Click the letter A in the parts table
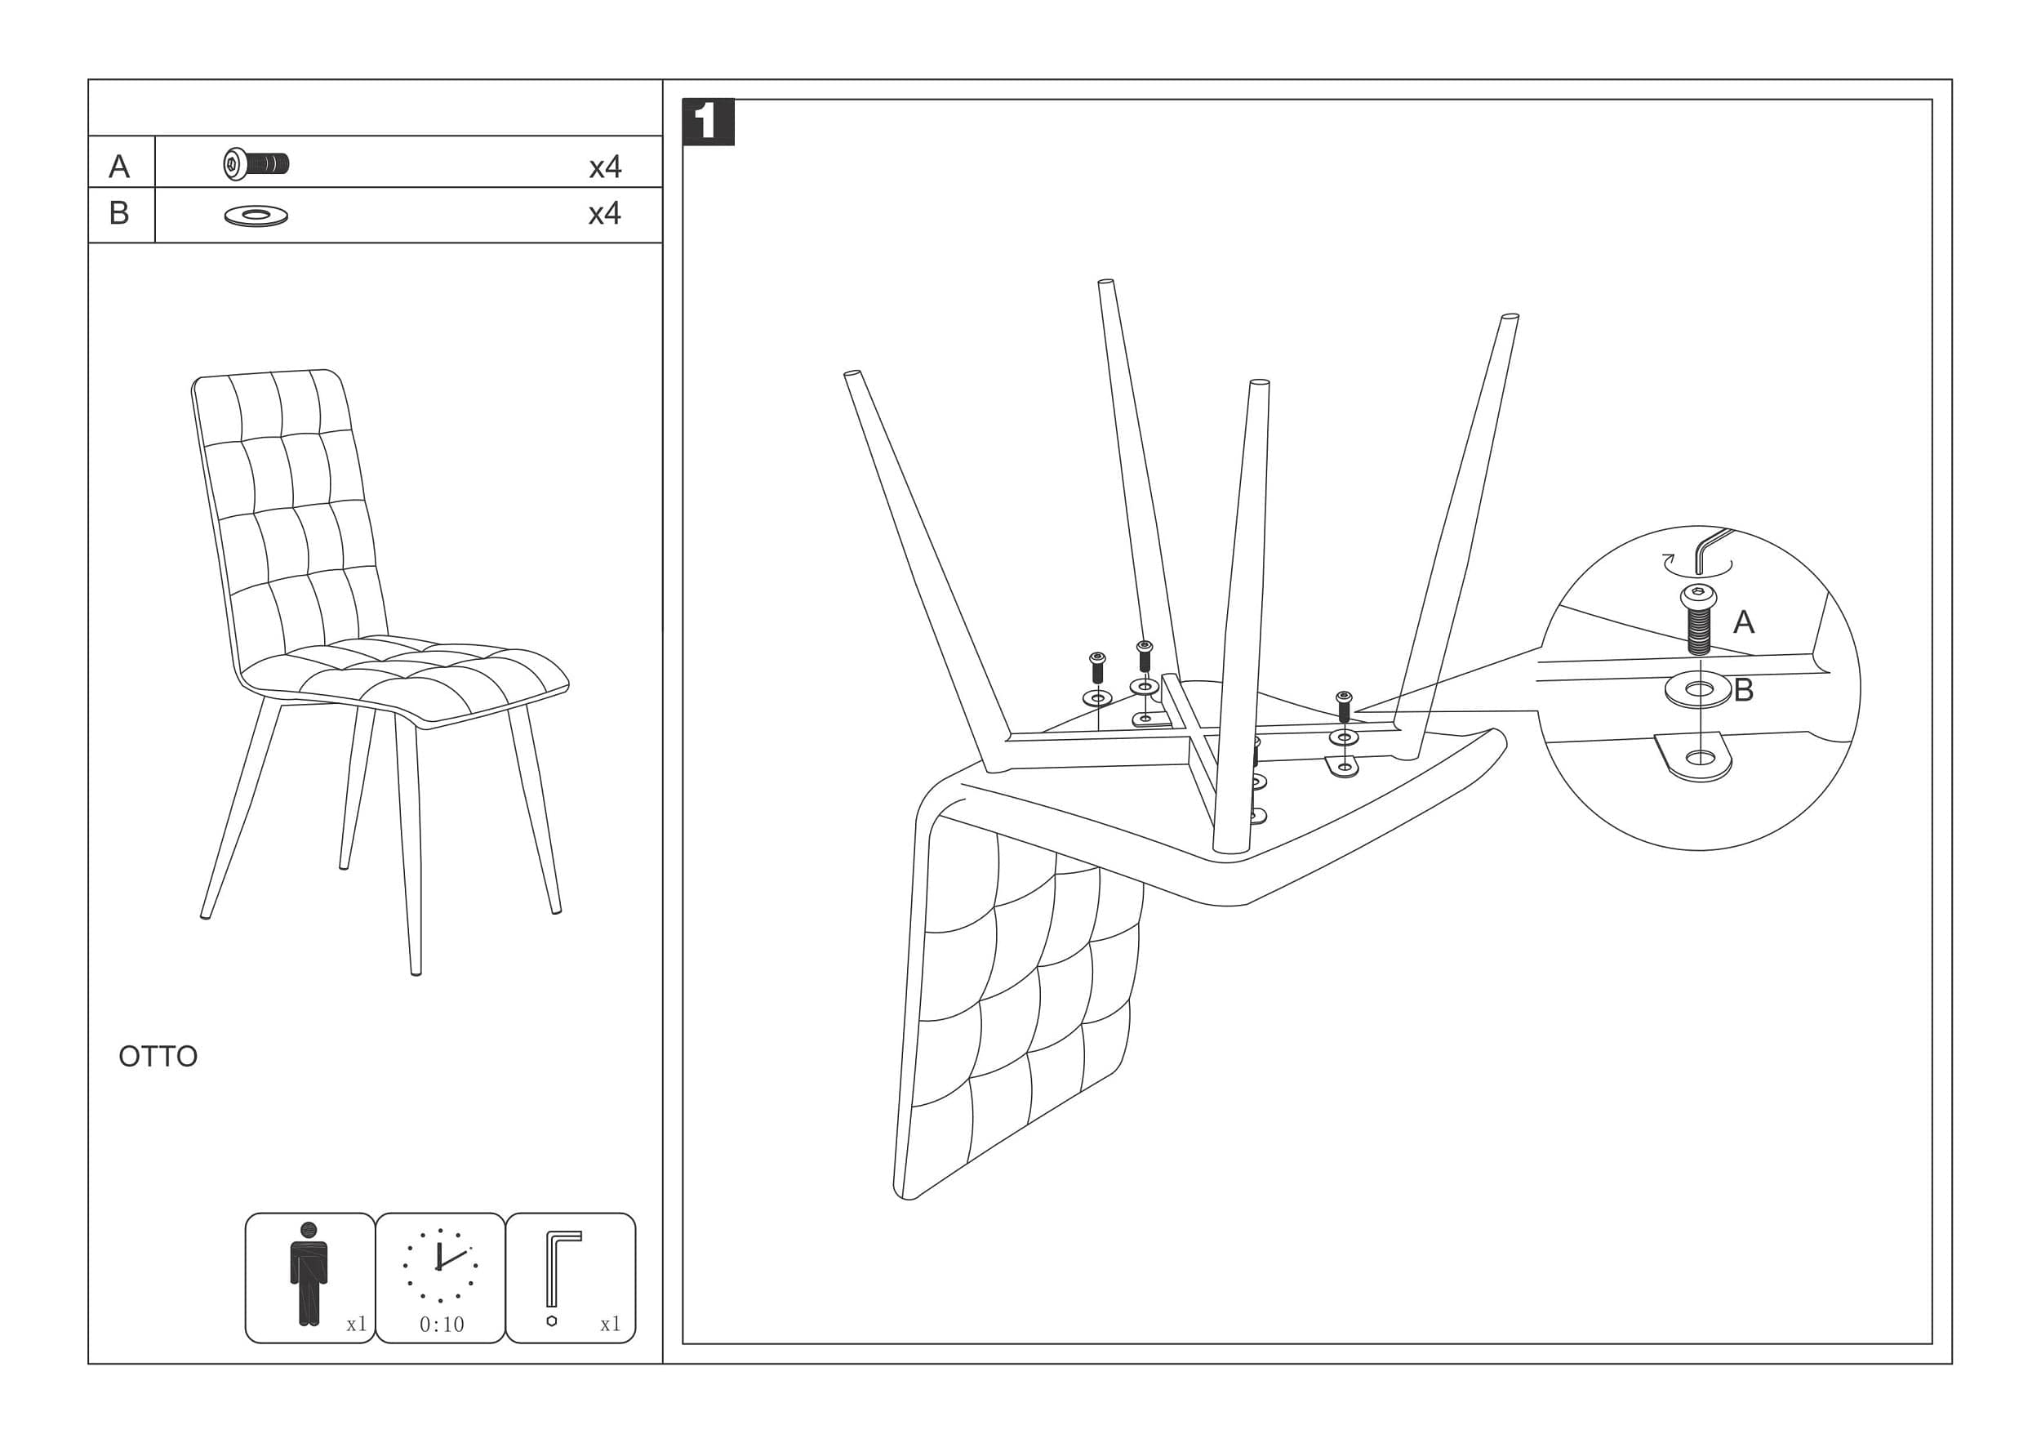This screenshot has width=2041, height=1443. coord(119,167)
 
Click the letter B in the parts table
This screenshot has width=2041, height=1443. coord(119,213)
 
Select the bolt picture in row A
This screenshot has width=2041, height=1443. coord(256,164)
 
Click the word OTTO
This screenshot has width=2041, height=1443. coord(158,1056)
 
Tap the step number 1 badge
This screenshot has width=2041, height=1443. coord(708,122)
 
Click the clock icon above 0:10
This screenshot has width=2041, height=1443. coord(440,1264)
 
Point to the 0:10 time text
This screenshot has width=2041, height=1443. coord(442,1325)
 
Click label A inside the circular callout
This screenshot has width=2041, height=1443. coord(1744,622)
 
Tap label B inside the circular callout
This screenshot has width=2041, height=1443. coord(1743,690)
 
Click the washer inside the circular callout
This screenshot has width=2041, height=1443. coord(1699,690)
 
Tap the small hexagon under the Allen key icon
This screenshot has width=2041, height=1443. coord(551,1321)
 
